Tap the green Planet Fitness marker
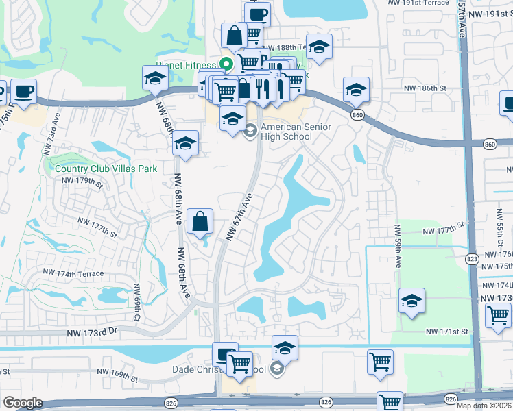pyautogui.click(x=224, y=65)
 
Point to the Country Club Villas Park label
pyautogui.click(x=106, y=169)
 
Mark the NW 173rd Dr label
pyautogui.click(x=93, y=333)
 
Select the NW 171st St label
pyautogui.click(x=446, y=332)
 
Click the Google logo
pyautogui.click(x=23, y=402)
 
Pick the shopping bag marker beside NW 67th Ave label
pyautogui.click(x=200, y=222)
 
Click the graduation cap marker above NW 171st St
pyautogui.click(x=411, y=301)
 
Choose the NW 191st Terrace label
pyautogui.click(x=416, y=2)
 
